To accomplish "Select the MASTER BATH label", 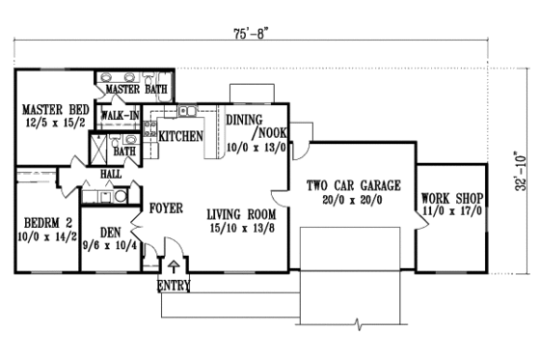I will pos(136,90).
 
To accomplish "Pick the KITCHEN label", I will pos(180,137).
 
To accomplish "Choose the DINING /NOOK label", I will pos(253,126).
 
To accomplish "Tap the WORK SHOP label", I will pos(452,201).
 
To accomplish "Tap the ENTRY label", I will pos(174,284).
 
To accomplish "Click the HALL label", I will pos(109,175).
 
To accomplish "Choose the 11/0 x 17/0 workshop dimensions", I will pos(452,216).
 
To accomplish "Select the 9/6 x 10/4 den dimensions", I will pos(108,247).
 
